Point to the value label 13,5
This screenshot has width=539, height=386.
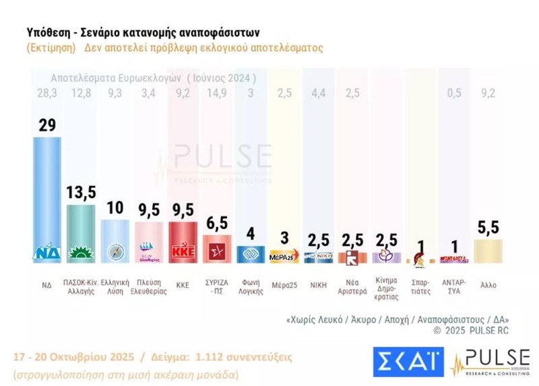click(80, 193)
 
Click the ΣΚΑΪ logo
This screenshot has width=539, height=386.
click(406, 360)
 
